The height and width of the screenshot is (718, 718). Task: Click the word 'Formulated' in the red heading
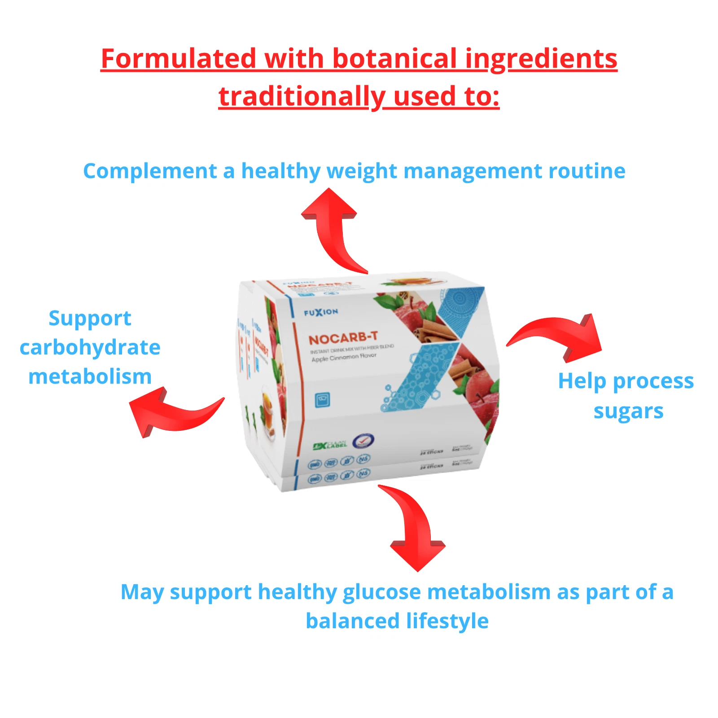click(178, 59)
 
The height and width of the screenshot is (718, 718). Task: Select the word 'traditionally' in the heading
click(299, 96)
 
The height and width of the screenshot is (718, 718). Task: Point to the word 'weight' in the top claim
click(362, 171)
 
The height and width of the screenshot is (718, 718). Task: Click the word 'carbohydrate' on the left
click(90, 347)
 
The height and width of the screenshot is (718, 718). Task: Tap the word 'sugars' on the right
click(628, 411)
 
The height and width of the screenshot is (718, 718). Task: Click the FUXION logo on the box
click(321, 312)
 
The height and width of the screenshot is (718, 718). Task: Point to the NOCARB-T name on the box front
click(343, 338)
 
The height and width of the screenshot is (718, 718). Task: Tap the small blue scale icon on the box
click(322, 399)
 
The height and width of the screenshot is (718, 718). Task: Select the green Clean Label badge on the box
click(330, 445)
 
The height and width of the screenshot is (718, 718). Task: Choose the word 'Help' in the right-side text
click(582, 381)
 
